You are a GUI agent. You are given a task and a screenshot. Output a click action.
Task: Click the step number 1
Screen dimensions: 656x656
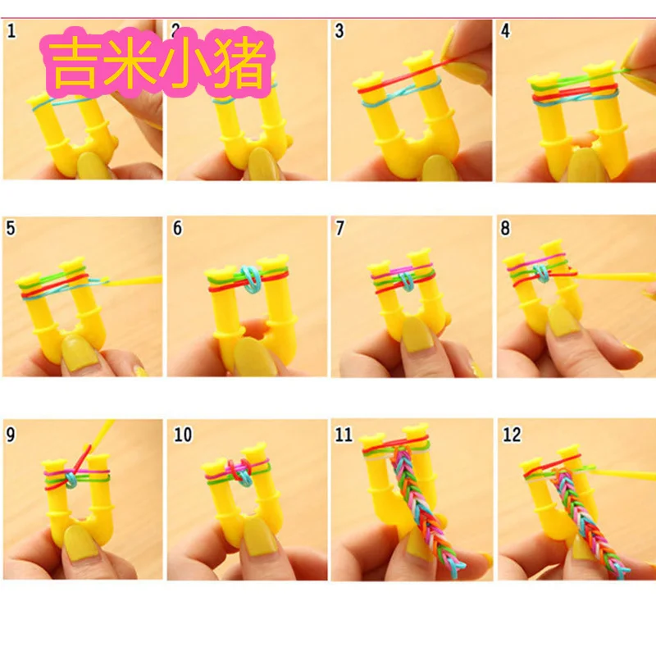(x=11, y=31)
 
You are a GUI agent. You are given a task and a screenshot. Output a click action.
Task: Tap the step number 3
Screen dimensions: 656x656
(x=339, y=31)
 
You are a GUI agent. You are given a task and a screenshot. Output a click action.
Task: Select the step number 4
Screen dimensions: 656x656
(x=505, y=31)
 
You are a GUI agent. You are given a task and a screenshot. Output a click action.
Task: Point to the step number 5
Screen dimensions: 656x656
(x=11, y=229)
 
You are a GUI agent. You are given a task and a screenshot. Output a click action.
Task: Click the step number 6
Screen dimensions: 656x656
(x=177, y=229)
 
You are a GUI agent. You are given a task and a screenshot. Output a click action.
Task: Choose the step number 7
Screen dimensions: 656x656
(x=339, y=229)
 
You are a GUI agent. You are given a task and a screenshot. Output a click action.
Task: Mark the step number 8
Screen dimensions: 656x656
(x=505, y=229)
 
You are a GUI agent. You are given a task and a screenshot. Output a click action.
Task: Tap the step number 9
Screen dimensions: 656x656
(x=11, y=435)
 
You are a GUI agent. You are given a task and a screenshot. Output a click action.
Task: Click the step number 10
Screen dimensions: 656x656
(x=183, y=435)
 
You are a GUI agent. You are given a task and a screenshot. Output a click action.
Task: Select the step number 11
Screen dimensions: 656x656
(x=344, y=435)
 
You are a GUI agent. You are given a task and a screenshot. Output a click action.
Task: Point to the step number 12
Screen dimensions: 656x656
(x=512, y=435)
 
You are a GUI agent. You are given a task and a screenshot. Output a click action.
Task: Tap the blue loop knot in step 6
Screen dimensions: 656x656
(x=251, y=279)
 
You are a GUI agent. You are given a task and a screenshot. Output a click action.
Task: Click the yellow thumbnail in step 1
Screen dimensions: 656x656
(x=93, y=166)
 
